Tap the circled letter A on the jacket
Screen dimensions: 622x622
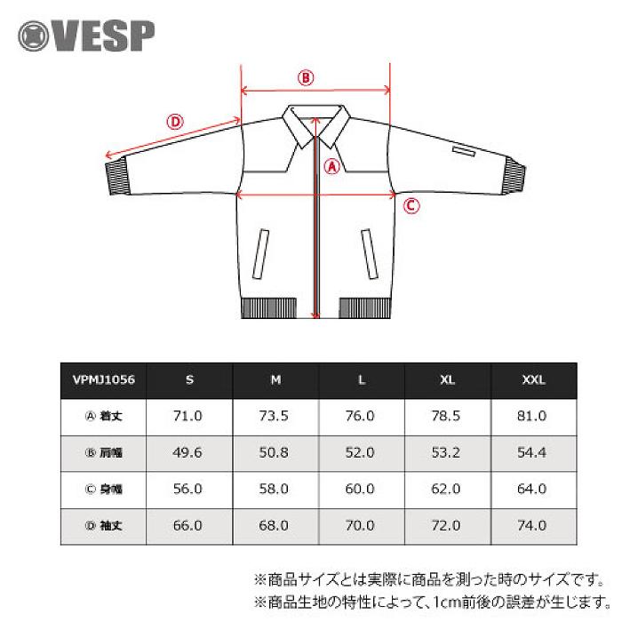click(x=331, y=165)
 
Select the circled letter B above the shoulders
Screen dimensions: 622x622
click(x=306, y=77)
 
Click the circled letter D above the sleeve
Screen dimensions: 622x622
click(x=175, y=122)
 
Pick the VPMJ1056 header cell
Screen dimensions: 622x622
click(x=103, y=379)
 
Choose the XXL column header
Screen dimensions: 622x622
click(x=534, y=379)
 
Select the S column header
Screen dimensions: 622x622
click(x=189, y=379)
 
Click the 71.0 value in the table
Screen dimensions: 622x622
click(x=189, y=416)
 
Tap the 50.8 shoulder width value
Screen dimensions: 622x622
click(x=275, y=452)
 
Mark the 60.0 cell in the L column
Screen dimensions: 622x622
click(x=362, y=489)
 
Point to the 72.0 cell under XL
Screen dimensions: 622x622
click(x=448, y=525)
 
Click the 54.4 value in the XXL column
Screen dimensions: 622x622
click(x=534, y=452)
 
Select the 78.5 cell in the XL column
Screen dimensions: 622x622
click(x=448, y=416)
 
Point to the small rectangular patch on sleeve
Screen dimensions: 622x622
click(x=462, y=152)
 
